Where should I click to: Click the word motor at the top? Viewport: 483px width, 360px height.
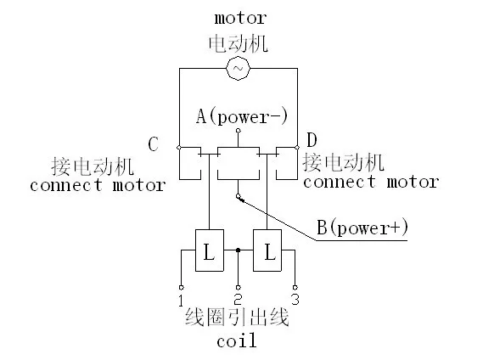click(x=239, y=18)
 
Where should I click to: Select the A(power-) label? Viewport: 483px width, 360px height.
click(x=240, y=118)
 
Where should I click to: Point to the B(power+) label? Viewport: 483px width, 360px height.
click(x=362, y=227)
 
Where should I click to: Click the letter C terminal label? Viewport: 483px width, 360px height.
click(x=154, y=145)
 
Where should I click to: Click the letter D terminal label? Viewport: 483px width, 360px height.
click(x=312, y=138)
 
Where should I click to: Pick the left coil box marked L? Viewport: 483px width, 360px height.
click(x=209, y=250)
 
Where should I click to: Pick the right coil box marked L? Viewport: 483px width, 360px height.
click(x=269, y=250)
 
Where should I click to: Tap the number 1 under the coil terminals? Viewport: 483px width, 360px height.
click(x=181, y=300)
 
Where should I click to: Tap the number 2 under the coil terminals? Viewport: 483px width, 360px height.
click(x=238, y=300)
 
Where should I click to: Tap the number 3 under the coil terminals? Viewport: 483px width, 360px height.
click(x=295, y=300)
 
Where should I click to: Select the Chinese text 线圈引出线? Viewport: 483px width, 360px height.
click(x=238, y=319)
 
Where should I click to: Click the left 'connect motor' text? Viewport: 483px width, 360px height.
click(x=97, y=185)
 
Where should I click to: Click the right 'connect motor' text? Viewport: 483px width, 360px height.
click(x=371, y=182)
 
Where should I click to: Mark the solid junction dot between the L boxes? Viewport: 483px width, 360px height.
click(x=239, y=250)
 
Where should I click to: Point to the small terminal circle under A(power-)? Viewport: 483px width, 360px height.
click(x=238, y=133)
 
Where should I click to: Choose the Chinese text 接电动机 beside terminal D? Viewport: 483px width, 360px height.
click(x=343, y=161)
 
